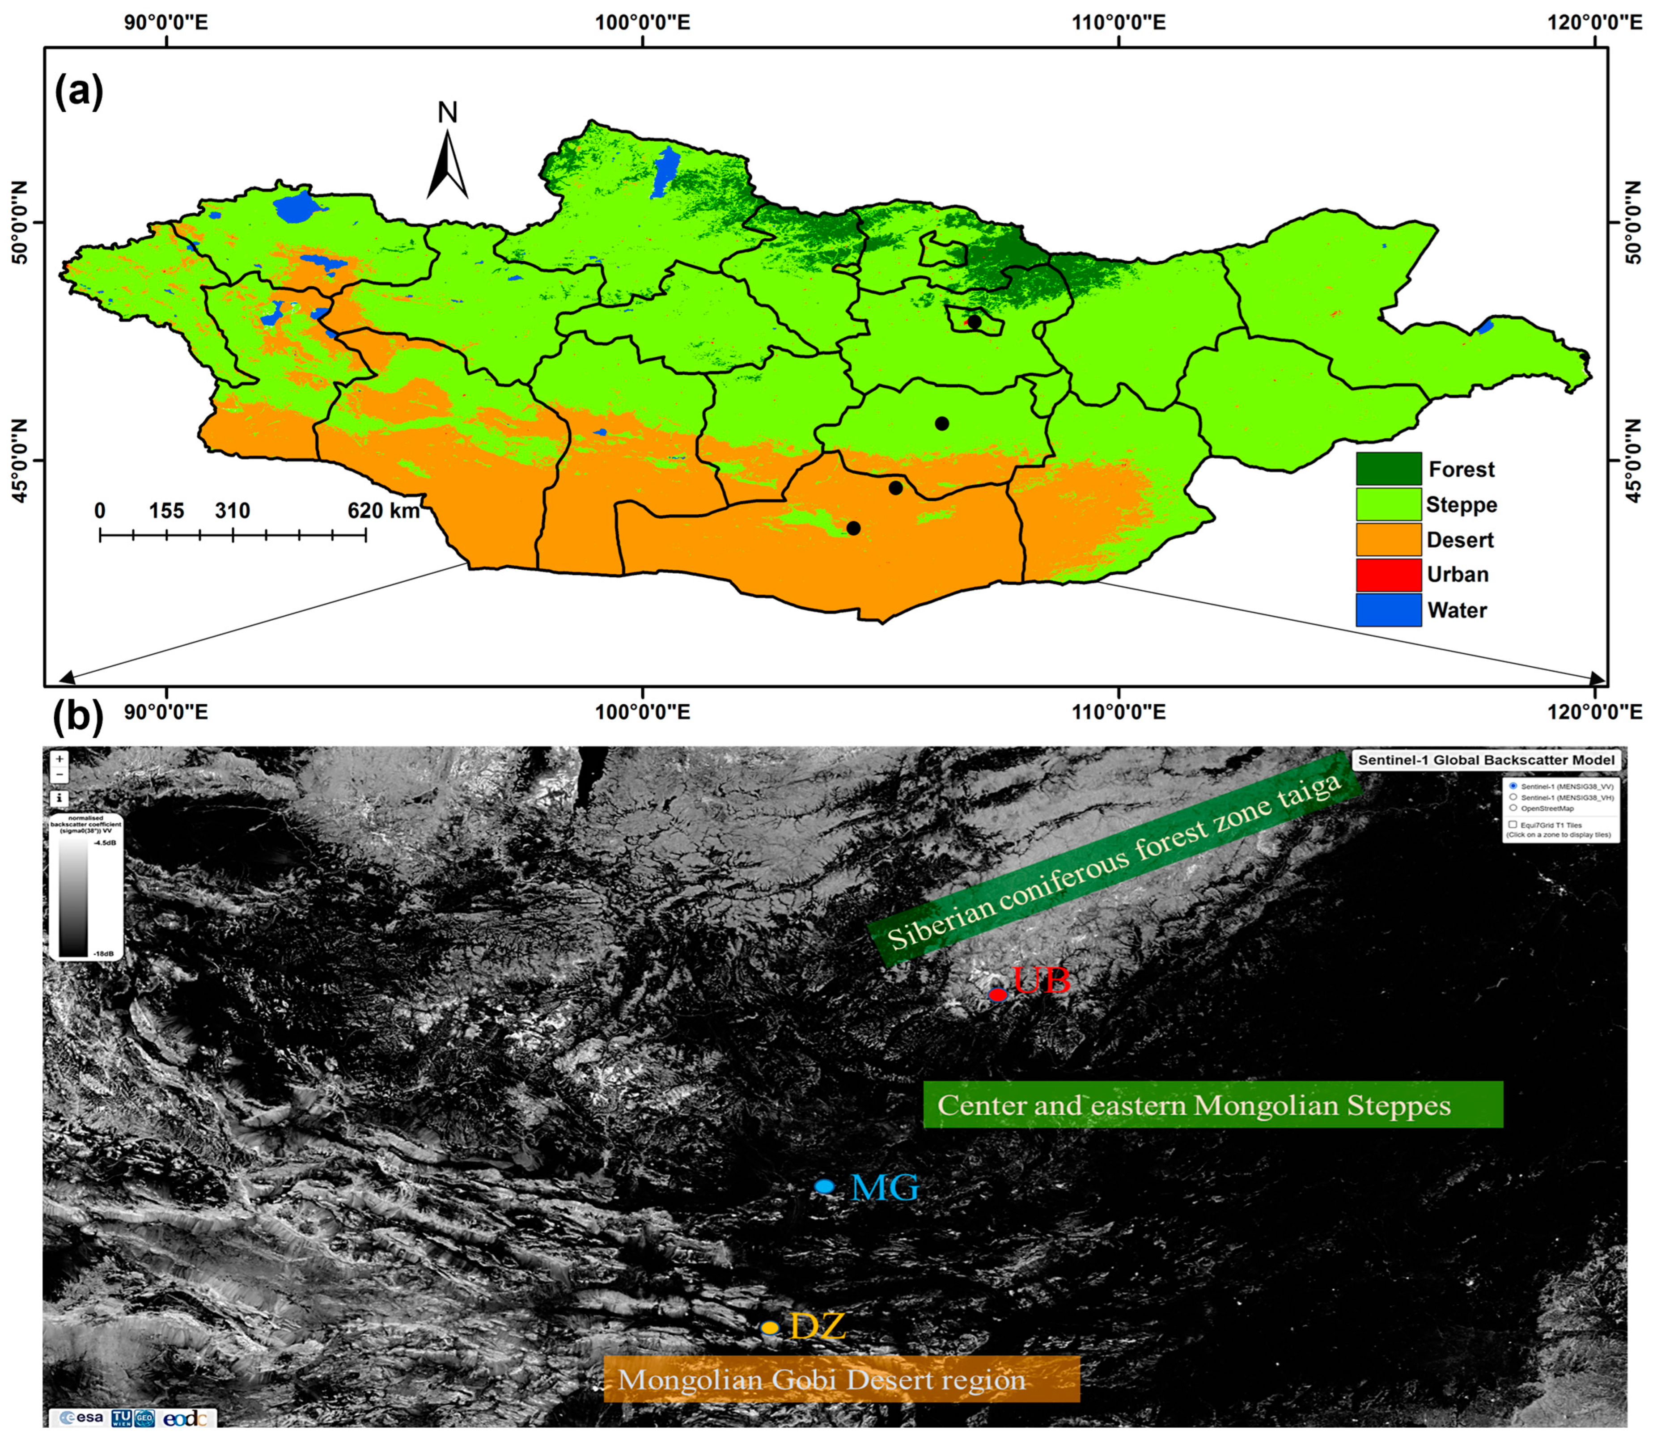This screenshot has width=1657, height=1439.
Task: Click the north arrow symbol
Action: click(447, 165)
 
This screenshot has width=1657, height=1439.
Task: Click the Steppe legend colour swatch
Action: click(1388, 504)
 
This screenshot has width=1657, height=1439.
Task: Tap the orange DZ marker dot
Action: click(769, 1328)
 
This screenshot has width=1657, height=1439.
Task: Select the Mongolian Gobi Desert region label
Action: click(841, 1380)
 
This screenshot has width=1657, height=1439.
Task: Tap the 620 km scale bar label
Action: click(383, 511)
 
